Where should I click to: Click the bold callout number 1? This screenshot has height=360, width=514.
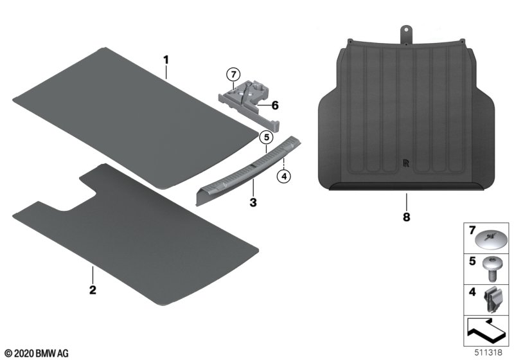(x=166, y=60)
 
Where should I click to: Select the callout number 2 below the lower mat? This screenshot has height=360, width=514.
(x=93, y=290)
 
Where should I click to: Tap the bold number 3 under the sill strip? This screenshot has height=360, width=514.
(x=253, y=203)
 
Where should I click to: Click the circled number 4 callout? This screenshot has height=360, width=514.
(x=284, y=176)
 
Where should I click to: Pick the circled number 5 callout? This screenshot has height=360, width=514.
(x=267, y=138)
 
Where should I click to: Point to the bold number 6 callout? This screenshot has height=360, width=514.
(x=275, y=105)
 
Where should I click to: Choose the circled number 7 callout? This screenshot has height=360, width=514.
(x=233, y=75)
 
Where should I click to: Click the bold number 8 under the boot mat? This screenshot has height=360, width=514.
(x=407, y=217)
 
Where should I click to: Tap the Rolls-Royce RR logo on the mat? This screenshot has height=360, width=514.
(x=407, y=163)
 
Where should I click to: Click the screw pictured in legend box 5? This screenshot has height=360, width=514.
(x=491, y=269)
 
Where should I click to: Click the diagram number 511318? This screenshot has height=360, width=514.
(x=488, y=352)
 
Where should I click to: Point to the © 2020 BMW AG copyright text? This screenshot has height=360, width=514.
(x=37, y=354)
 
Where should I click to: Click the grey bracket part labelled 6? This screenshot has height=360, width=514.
(x=249, y=104)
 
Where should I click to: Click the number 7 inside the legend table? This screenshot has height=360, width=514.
(x=472, y=231)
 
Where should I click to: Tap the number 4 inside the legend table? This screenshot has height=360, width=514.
(x=472, y=291)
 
